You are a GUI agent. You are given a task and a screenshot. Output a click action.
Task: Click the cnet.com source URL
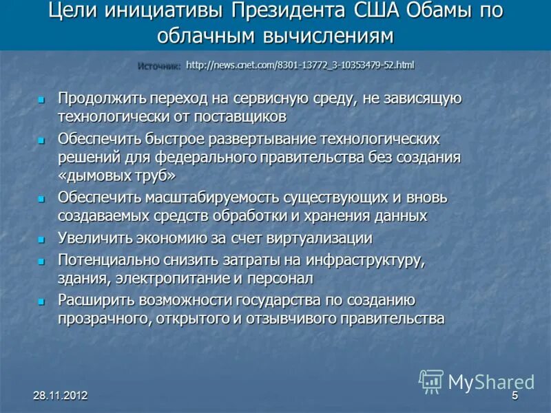(x=300, y=65)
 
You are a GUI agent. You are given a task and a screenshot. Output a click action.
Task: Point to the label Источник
(x=158, y=66)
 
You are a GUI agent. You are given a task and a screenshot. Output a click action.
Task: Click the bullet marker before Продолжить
(x=41, y=100)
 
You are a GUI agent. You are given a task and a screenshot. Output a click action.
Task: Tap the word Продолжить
(x=100, y=98)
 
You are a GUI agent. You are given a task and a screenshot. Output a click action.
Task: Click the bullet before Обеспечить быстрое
(x=41, y=140)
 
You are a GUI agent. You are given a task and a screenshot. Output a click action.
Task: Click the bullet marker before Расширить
(x=41, y=301)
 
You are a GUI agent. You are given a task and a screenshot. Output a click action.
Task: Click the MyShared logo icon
(x=432, y=381)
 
